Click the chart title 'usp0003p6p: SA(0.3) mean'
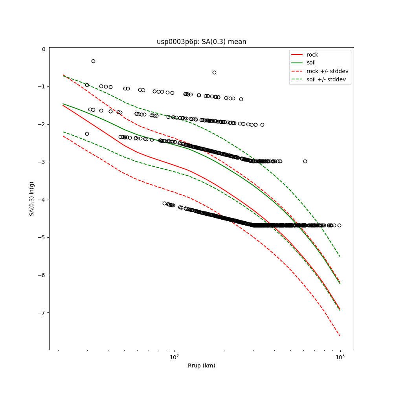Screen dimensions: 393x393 click(x=201, y=42)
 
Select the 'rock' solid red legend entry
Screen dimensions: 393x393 click(x=312, y=55)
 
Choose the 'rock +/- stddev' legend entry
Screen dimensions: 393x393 click(x=327, y=71)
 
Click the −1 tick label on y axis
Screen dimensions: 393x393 click(x=42, y=87)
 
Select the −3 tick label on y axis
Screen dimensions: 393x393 click(x=42, y=162)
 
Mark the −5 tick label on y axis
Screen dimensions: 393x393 click(x=42, y=237)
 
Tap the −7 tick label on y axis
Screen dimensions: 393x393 click(x=42, y=313)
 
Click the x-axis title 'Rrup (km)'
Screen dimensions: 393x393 click(x=201, y=365)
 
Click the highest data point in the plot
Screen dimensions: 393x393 click(x=93, y=61)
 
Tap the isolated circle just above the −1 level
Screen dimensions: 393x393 click(x=214, y=72)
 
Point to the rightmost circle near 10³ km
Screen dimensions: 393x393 click(x=339, y=225)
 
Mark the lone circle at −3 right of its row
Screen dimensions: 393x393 click(x=305, y=161)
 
